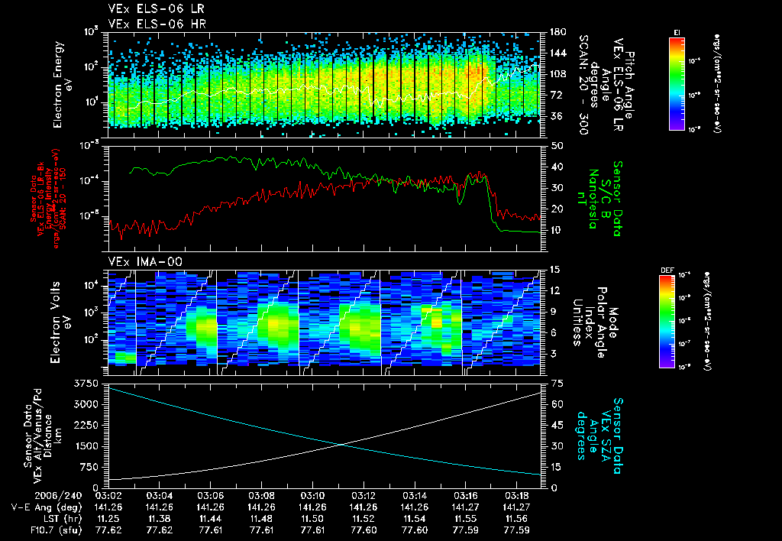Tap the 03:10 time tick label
[x=312, y=495]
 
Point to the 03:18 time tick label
[x=516, y=495]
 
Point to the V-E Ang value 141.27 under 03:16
[x=465, y=507]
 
